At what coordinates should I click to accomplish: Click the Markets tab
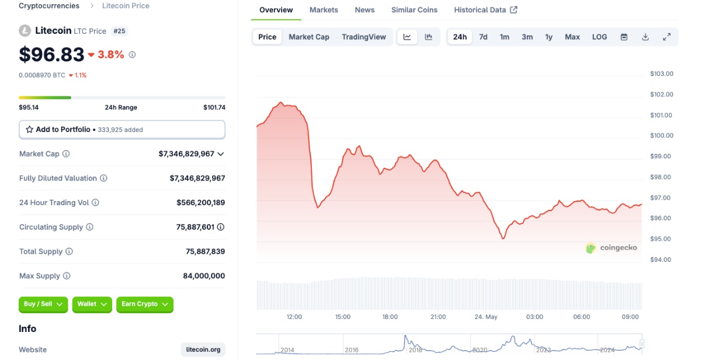coord(324,10)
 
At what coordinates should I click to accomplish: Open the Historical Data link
coord(485,10)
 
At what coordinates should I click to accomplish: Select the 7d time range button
coord(483,37)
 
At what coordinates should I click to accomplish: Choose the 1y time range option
coord(549,37)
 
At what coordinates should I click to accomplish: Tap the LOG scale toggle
coord(599,37)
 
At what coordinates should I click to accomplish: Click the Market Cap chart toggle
coord(309,37)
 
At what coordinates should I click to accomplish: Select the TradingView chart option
coord(363,37)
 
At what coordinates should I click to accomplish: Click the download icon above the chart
coord(646,37)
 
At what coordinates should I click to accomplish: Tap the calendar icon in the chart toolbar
coord(624,37)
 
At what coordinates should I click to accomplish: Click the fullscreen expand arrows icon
coord(667,37)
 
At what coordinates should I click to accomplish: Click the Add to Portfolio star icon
coord(29,129)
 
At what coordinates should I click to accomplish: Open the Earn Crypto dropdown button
coord(145,304)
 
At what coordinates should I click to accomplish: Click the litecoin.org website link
coord(203,349)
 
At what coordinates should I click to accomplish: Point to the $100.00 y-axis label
coord(661,136)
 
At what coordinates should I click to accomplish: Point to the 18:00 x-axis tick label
coord(390,317)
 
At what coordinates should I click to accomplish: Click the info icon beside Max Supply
coord(67,276)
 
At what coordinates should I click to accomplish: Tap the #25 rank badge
coord(119,31)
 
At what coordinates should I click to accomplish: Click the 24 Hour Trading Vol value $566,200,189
coord(200,203)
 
